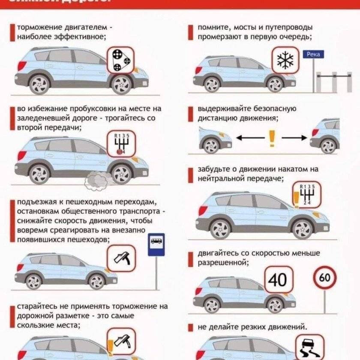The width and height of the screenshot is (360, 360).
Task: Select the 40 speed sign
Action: click(278, 280)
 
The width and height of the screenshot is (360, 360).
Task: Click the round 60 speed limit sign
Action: click(325, 278)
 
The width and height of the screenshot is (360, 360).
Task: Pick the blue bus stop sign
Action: click(156, 245)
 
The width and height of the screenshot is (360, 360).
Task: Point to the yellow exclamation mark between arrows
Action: click(271, 138)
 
